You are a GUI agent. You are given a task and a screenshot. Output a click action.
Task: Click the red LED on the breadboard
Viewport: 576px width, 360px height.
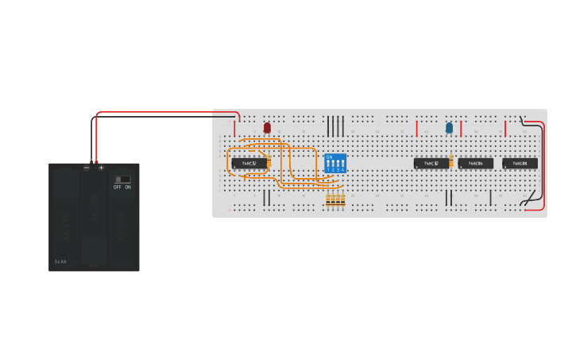click(x=267, y=127)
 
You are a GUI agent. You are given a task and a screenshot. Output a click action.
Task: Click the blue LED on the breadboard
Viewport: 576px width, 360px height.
click(x=449, y=127)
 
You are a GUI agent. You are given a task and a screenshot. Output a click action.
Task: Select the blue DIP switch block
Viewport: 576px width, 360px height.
click(x=336, y=164)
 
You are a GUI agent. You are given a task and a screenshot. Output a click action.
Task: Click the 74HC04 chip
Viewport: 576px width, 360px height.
click(x=476, y=164)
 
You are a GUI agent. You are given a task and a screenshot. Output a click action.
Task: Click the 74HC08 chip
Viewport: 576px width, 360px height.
click(x=520, y=164)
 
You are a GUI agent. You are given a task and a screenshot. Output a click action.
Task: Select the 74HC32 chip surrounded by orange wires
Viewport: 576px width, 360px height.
click(x=249, y=164)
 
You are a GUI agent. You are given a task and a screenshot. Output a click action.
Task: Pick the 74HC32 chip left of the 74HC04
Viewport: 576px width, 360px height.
click(x=431, y=164)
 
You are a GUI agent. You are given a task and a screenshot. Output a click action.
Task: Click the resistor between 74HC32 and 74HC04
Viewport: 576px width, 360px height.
click(x=451, y=162)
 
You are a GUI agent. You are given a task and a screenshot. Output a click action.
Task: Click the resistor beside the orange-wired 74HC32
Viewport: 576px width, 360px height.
click(x=269, y=163)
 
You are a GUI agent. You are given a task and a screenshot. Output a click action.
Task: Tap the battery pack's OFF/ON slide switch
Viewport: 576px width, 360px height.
click(x=122, y=180)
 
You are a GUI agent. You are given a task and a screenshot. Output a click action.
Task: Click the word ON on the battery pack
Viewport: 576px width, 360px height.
click(x=128, y=188)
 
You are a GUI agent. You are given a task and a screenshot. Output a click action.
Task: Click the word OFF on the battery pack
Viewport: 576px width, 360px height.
click(x=118, y=188)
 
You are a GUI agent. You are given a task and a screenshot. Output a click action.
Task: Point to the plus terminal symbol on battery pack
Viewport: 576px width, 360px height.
click(x=101, y=168)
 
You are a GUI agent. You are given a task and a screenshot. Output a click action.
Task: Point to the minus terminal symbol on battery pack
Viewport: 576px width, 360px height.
click(x=87, y=168)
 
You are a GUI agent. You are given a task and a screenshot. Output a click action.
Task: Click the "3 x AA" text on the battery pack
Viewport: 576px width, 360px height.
click(x=60, y=261)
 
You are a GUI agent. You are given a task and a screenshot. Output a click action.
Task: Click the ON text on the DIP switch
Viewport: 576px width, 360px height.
click(x=329, y=157)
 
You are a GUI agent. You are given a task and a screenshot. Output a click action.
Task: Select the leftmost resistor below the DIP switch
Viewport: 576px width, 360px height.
click(x=329, y=200)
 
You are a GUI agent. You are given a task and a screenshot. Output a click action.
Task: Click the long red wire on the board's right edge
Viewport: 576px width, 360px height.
click(x=544, y=167)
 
